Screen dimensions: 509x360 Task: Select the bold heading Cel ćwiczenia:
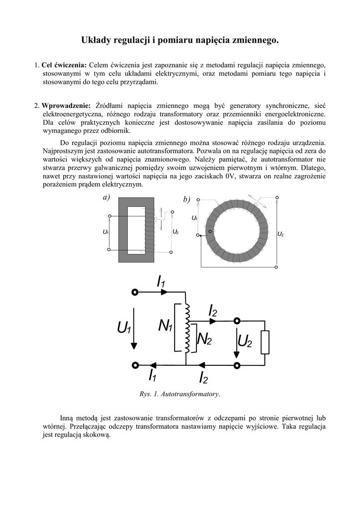point(64,65)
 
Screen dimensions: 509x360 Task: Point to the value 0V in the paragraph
point(229,176)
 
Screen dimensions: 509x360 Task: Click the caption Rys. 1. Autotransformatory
point(180,394)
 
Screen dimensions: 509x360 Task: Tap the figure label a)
point(106,198)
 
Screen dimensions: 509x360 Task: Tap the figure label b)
point(186,199)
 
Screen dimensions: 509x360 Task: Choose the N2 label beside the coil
point(204,339)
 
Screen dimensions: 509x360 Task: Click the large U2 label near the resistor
point(245,341)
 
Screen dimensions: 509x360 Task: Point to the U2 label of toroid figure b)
point(280,234)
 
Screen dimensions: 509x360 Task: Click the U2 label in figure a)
point(176,232)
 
